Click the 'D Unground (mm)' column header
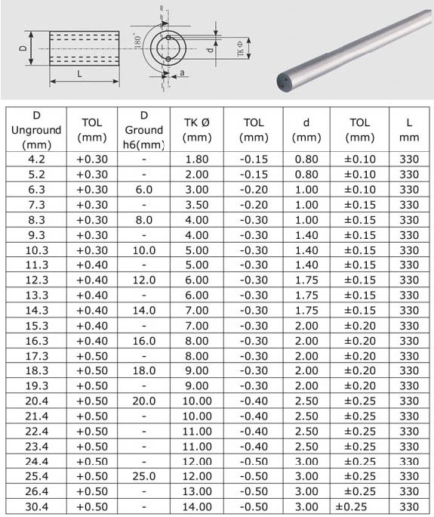36,130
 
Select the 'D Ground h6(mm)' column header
144,130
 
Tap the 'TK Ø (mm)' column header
197,130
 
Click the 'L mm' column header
409,130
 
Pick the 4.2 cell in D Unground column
36,159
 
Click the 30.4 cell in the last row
36,506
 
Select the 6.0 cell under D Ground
144,190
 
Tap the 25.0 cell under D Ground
144,476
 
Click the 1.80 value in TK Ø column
197,159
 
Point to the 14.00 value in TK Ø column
197,506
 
